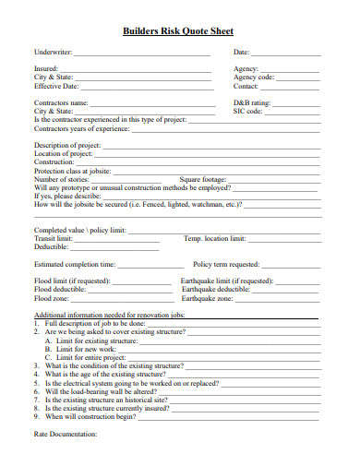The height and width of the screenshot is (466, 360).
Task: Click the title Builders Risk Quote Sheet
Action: [180, 30]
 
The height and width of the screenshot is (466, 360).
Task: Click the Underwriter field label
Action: [53, 53]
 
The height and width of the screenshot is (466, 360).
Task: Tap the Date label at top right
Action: [242, 53]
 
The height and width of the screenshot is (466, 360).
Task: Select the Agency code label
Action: [255, 78]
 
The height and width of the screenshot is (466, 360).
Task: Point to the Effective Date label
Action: [56, 86]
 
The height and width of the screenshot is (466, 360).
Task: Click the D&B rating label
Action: [252, 102]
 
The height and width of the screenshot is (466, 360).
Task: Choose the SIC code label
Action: [248, 111]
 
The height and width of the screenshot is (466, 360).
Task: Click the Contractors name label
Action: [62, 102]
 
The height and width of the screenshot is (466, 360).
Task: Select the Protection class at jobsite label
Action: [72, 171]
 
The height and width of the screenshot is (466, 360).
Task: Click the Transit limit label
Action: [54, 237]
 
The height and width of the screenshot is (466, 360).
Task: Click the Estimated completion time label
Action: [75, 263]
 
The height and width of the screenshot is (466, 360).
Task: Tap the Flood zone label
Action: [52, 298]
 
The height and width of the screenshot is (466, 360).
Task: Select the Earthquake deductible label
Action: [213, 289]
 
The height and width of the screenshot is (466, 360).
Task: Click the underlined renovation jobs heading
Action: [110, 316]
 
